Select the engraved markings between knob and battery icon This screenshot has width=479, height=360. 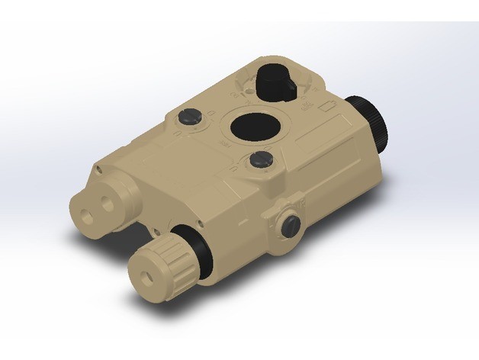(x=310, y=92)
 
